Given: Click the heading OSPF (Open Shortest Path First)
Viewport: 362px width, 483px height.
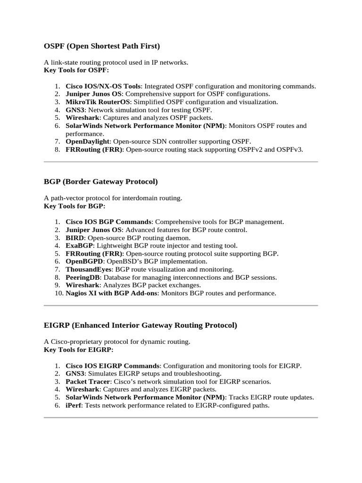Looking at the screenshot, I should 102,46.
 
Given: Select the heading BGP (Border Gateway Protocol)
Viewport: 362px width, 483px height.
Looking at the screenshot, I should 100,182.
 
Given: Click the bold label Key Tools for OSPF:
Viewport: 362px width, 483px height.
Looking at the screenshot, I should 76,70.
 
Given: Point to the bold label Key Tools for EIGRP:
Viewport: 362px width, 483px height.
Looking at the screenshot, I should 79,350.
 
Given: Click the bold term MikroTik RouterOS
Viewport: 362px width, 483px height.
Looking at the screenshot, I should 98,102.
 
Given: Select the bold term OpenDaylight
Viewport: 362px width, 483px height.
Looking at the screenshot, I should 88,142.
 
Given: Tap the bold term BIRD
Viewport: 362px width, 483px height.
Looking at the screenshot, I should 74,238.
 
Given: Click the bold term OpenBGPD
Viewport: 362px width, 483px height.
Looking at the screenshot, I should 82,261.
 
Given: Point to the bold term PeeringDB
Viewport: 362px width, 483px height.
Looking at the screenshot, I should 82,277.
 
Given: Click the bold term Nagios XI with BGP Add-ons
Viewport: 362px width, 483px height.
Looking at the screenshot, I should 112,293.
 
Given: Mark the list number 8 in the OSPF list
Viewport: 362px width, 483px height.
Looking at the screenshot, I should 57,150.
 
